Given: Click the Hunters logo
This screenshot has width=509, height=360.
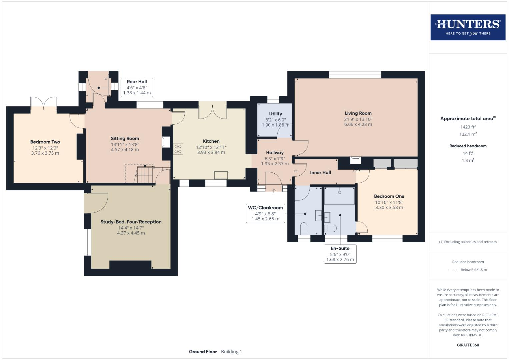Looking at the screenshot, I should pyautogui.click(x=468, y=27).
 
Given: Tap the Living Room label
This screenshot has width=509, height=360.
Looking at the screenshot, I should pyautogui.click(x=358, y=113).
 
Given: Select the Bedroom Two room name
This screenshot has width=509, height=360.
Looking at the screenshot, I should pyautogui.click(x=45, y=142).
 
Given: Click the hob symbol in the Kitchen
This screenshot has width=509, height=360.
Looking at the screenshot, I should pyautogui.click(x=178, y=149).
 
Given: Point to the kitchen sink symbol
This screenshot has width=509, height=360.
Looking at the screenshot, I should pyautogui.click(x=221, y=175).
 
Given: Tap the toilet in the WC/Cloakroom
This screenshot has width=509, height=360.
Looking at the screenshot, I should pyautogui.click(x=304, y=228).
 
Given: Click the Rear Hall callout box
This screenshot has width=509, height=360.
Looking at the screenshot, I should pyautogui.click(x=137, y=87).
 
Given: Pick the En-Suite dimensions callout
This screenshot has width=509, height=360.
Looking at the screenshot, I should pyautogui.click(x=340, y=254).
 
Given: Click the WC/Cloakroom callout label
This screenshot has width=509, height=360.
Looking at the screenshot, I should pyautogui.click(x=265, y=208).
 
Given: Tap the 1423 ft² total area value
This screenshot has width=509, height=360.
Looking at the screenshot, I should pyautogui.click(x=468, y=127).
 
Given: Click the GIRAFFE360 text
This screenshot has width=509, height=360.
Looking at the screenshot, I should pyautogui.click(x=468, y=345).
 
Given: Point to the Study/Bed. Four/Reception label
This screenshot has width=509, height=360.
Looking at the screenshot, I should pyautogui.click(x=131, y=222).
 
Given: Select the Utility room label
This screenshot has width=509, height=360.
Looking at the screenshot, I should pyautogui.click(x=275, y=114).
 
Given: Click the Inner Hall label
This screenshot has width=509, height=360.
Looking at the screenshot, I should pyautogui.click(x=320, y=173).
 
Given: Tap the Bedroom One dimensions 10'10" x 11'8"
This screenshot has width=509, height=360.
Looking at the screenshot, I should pyautogui.click(x=389, y=202).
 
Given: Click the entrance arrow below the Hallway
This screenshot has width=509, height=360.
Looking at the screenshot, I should pyautogui.click(x=274, y=190).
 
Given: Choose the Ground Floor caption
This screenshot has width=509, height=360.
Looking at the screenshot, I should pyautogui.click(x=203, y=352).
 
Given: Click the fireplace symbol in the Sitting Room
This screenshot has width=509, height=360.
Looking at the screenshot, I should pyautogui.click(x=166, y=142).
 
